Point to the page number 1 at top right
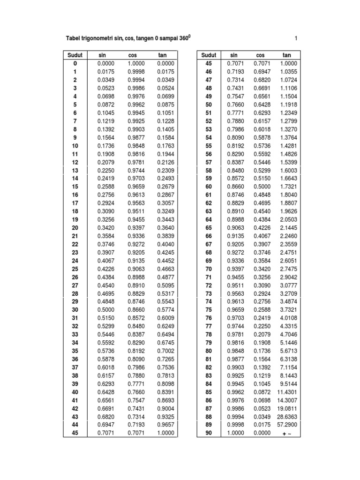(296, 38)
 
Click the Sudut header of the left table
(75, 55)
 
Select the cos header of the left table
(133, 55)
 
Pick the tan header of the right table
(287, 55)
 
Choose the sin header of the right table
(234, 55)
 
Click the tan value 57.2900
(287, 425)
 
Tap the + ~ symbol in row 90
(287, 433)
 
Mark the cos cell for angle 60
(262, 187)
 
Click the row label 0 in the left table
(75, 63)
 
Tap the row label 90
(209, 433)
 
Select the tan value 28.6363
(287, 417)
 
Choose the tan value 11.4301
(287, 392)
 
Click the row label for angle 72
(209, 285)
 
